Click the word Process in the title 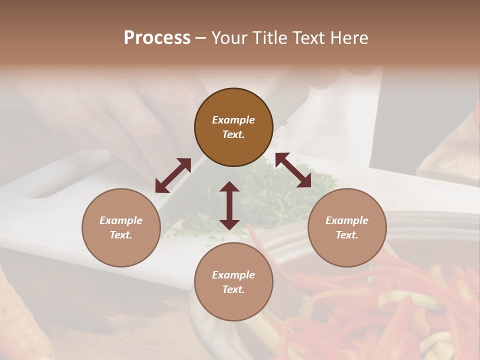coord(157,38)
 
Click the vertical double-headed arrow coord(229,205)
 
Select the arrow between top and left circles coord(173,175)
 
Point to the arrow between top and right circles coord(293,170)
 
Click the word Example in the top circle coord(233,120)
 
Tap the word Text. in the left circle coord(121,235)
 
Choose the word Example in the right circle coord(347,220)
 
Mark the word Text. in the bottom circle coord(233,289)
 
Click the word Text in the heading coord(306,38)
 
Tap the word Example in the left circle coord(121,220)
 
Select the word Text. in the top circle coord(233,134)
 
